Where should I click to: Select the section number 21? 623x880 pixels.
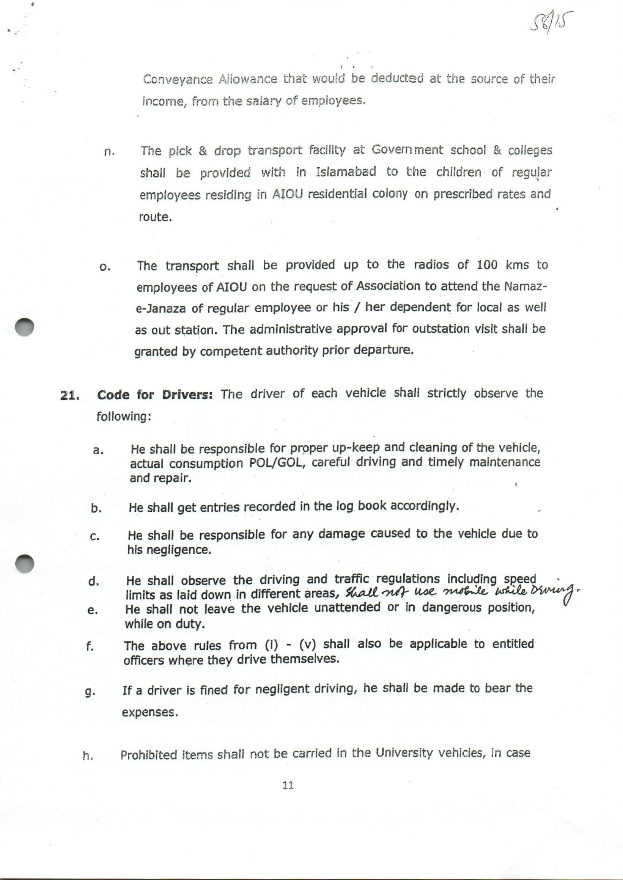coord(69,396)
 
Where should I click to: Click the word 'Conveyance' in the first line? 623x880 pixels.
coord(178,79)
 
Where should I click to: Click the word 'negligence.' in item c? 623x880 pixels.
coord(170,550)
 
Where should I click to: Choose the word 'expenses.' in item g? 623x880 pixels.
coord(150,712)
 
